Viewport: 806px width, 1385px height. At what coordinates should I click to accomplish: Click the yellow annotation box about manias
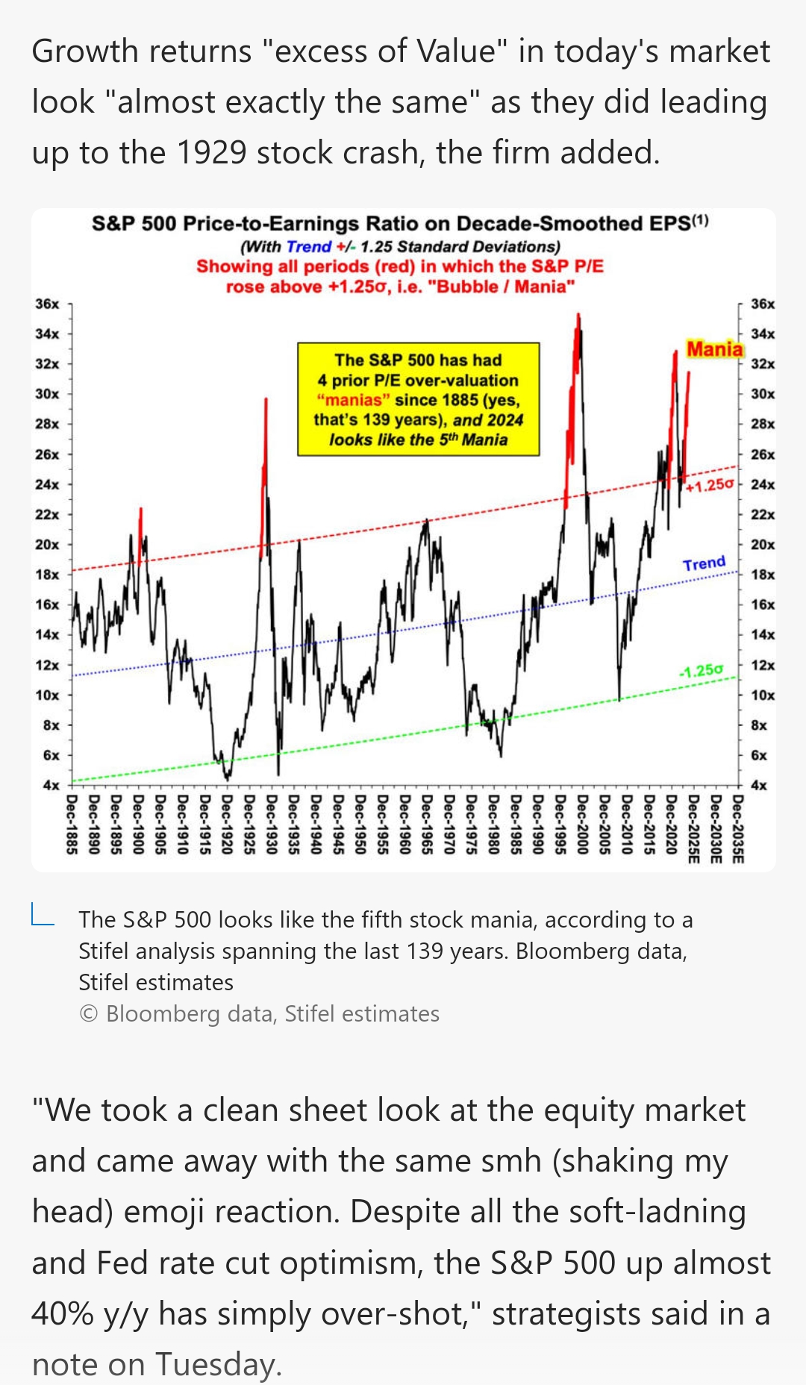point(418,399)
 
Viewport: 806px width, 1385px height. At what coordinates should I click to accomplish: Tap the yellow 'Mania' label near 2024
point(714,349)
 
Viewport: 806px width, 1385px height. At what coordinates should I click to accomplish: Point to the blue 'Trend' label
point(704,563)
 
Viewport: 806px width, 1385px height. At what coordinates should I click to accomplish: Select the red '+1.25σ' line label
point(710,485)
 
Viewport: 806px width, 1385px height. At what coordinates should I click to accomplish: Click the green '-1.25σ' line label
point(701,671)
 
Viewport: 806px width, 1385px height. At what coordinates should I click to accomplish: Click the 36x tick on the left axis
point(47,304)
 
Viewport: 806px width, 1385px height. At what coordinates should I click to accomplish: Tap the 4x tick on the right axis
point(758,785)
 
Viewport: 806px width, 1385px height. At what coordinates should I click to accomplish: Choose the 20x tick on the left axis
point(47,545)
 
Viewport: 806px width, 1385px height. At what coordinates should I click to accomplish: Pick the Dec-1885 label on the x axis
point(72,825)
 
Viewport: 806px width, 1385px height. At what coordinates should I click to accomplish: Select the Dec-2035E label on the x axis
point(737,829)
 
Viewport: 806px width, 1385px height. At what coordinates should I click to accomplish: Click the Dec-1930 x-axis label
point(272,825)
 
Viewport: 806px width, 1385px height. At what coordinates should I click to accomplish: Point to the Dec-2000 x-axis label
point(583,825)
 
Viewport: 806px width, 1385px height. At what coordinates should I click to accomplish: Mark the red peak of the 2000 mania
point(578,316)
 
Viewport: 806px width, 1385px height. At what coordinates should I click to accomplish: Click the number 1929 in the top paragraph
point(211,153)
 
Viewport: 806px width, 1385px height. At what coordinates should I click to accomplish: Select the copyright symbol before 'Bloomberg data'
point(88,1014)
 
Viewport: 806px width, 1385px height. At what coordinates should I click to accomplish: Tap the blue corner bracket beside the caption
point(43,915)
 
